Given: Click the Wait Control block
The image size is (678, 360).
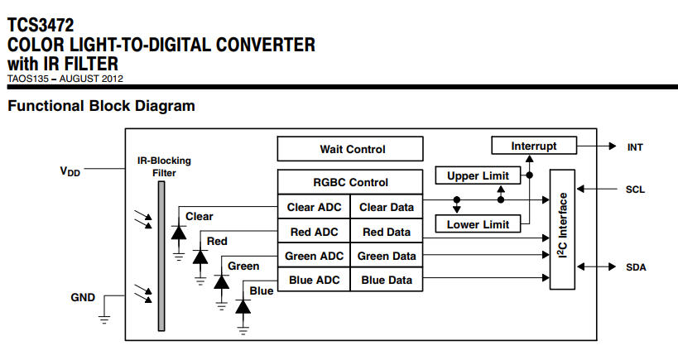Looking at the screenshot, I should coord(351,149).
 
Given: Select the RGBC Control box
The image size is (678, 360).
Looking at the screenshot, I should coord(351,182).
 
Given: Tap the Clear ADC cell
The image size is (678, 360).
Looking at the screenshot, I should coord(314,208).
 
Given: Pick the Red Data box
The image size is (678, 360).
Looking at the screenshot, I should coord(387,233).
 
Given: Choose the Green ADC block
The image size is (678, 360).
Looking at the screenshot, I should coord(314,257).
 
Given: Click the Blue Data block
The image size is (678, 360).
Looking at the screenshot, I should coord(387,281).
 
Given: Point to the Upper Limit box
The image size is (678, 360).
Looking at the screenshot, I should coord(478,175).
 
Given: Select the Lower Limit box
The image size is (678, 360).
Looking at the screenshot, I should coord(478,224).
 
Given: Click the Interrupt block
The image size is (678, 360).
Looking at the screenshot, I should coord(534,146).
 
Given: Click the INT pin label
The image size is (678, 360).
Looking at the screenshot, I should coord(636,146).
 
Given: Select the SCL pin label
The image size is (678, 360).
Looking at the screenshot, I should coord(636,190).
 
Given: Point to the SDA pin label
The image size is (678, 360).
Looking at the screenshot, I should coord(636,267).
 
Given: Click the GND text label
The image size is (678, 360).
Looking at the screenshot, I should coord(83,297).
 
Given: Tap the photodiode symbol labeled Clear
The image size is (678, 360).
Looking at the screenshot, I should coord(178,233).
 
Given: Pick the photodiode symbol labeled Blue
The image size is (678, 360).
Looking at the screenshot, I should coord(243,306).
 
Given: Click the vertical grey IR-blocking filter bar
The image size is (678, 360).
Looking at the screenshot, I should coord(161,256).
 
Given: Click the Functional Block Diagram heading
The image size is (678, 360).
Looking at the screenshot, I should coord(101,106).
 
